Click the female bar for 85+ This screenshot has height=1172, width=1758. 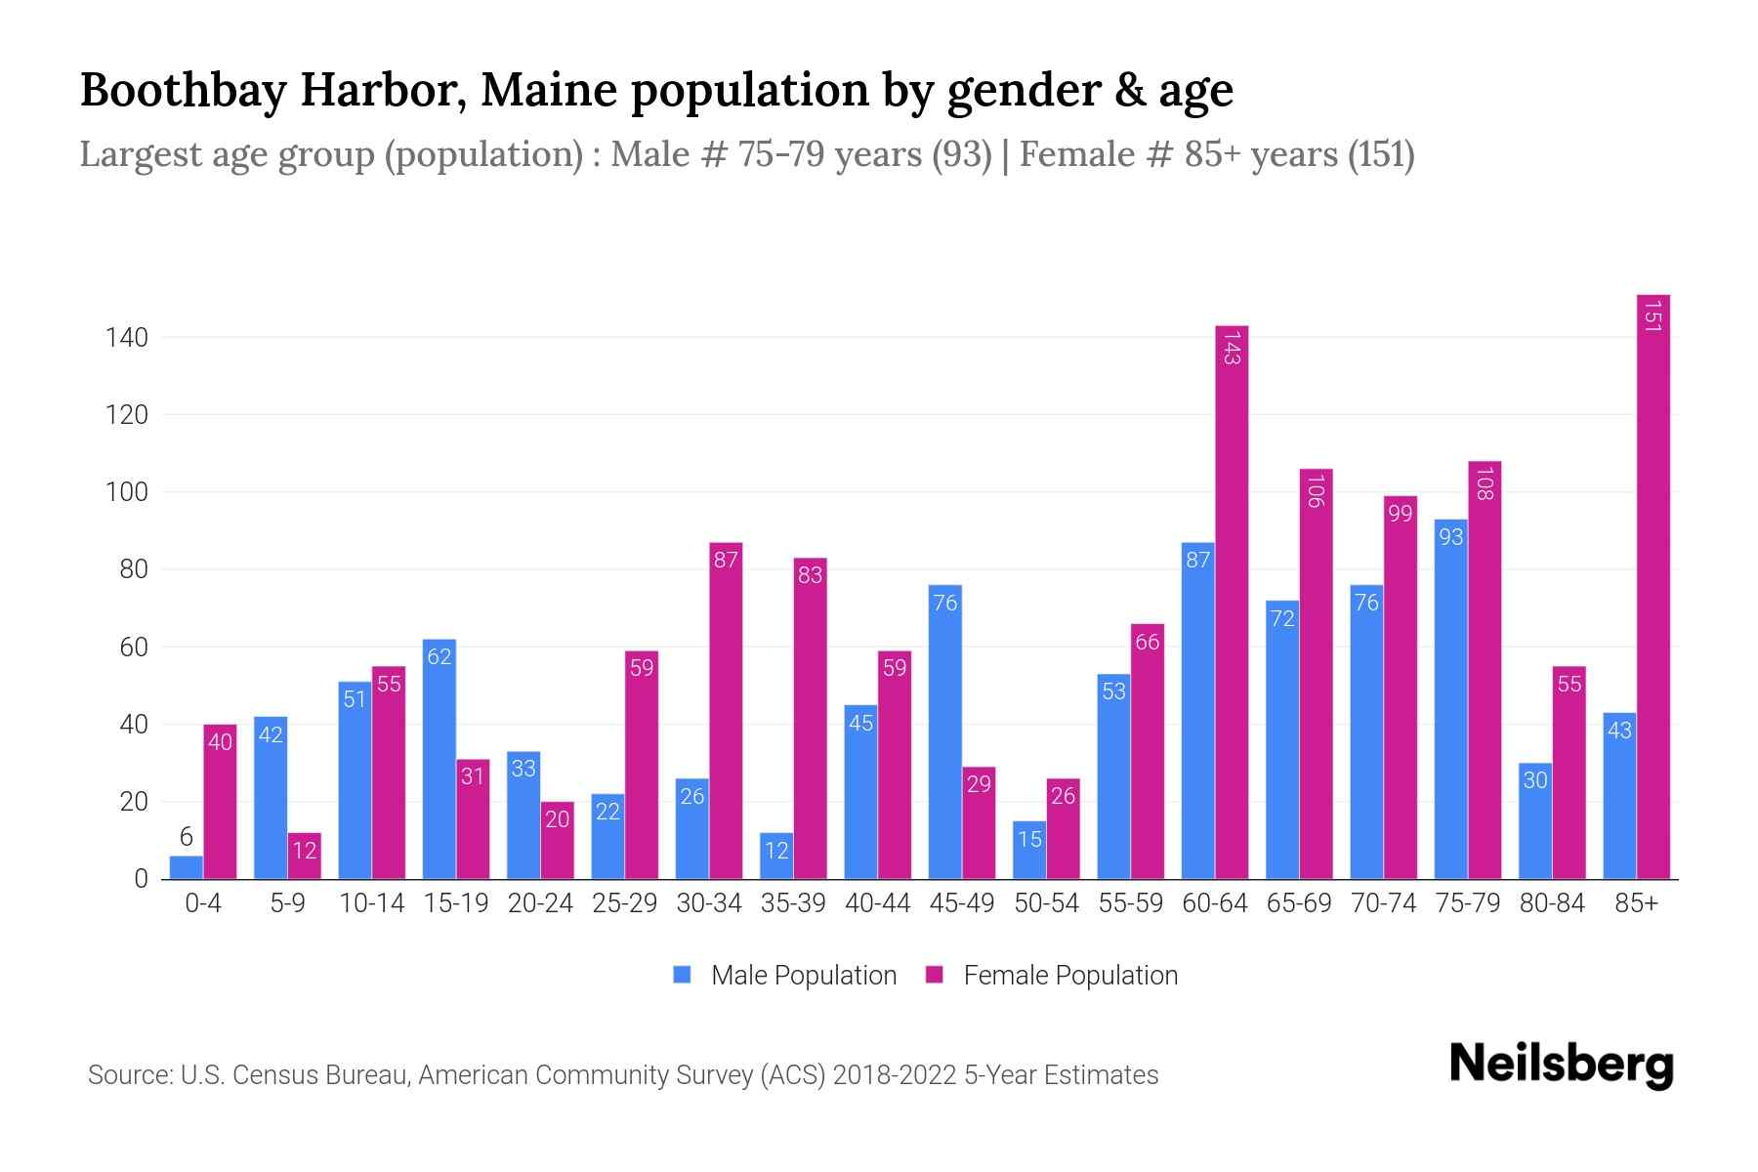point(1653,586)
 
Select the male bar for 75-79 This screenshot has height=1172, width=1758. point(1450,699)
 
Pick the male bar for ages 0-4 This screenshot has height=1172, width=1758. point(186,867)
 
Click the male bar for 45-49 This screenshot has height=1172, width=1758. point(944,732)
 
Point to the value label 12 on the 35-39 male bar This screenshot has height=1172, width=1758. point(776,851)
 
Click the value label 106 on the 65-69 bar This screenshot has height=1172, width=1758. point(1315,490)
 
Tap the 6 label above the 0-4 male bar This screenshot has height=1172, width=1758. point(186,837)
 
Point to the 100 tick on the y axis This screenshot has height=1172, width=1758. point(127,492)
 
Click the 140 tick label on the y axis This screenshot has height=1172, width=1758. point(127,338)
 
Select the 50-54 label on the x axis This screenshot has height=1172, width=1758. point(1046,903)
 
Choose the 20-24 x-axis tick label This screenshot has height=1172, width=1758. point(540,903)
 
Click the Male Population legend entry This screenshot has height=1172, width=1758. point(803,976)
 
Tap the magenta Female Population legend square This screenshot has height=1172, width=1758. point(935,975)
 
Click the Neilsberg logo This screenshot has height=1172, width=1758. point(1561,1065)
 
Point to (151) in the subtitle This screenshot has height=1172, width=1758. point(1381,154)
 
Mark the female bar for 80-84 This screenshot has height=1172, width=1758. point(1569,773)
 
